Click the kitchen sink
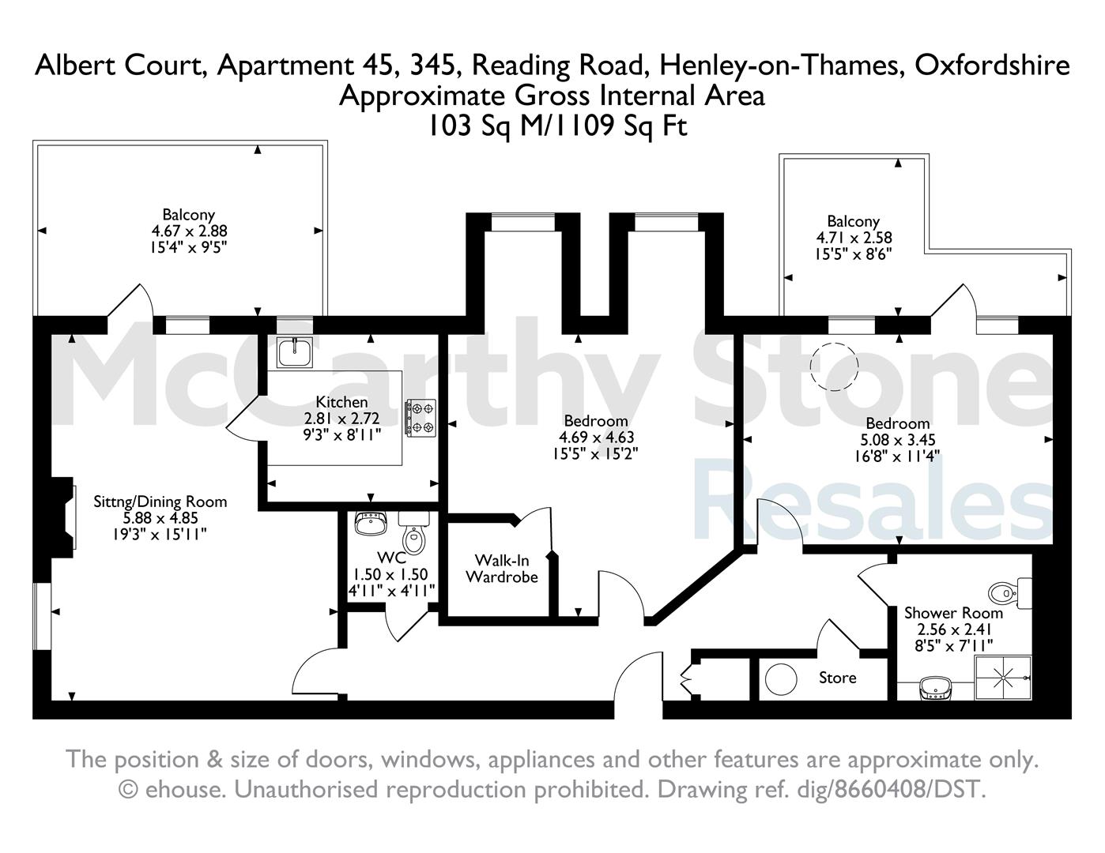point(294,351)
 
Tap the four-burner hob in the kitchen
point(421,418)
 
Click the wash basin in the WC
point(371,523)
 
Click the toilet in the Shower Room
point(1009,593)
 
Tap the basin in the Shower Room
point(936,688)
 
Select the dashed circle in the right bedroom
point(835,366)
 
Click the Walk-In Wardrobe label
point(502,569)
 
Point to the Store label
point(838,678)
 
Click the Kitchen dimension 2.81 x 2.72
point(341,419)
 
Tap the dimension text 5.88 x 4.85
point(160,518)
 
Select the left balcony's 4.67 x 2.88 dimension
point(189,231)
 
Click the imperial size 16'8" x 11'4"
point(898,456)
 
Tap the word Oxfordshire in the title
point(992,66)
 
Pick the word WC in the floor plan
point(392,558)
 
